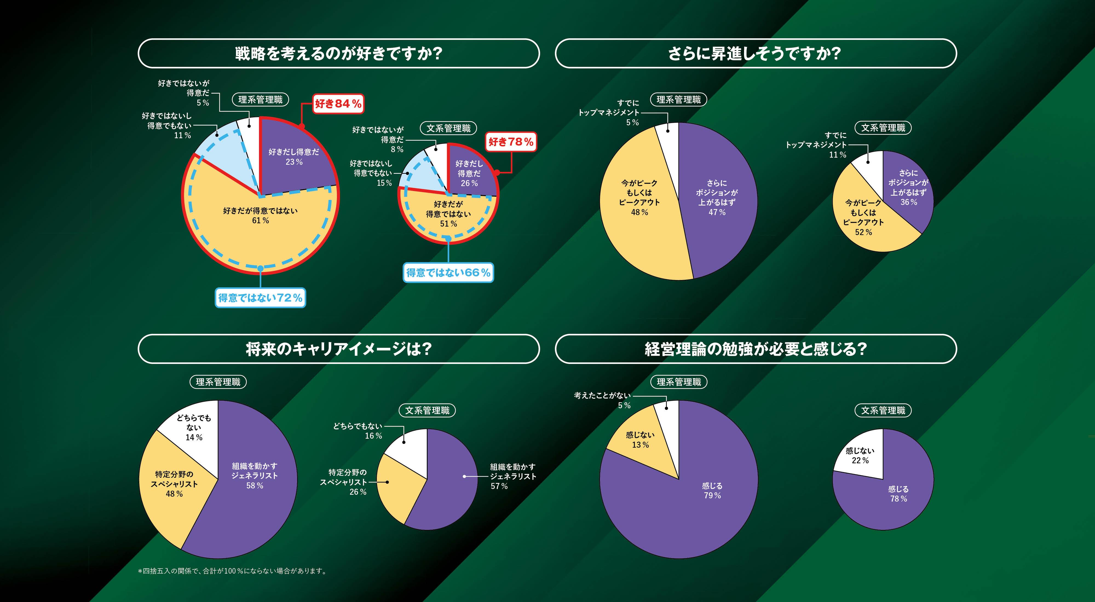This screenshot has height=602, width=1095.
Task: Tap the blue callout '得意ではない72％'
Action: click(x=260, y=298)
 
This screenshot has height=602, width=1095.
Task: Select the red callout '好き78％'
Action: click(x=511, y=142)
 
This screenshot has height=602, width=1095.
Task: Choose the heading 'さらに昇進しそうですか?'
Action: click(x=755, y=54)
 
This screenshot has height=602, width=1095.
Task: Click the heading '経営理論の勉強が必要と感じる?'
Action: click(x=755, y=349)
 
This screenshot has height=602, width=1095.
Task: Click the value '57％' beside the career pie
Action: click(x=499, y=486)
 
